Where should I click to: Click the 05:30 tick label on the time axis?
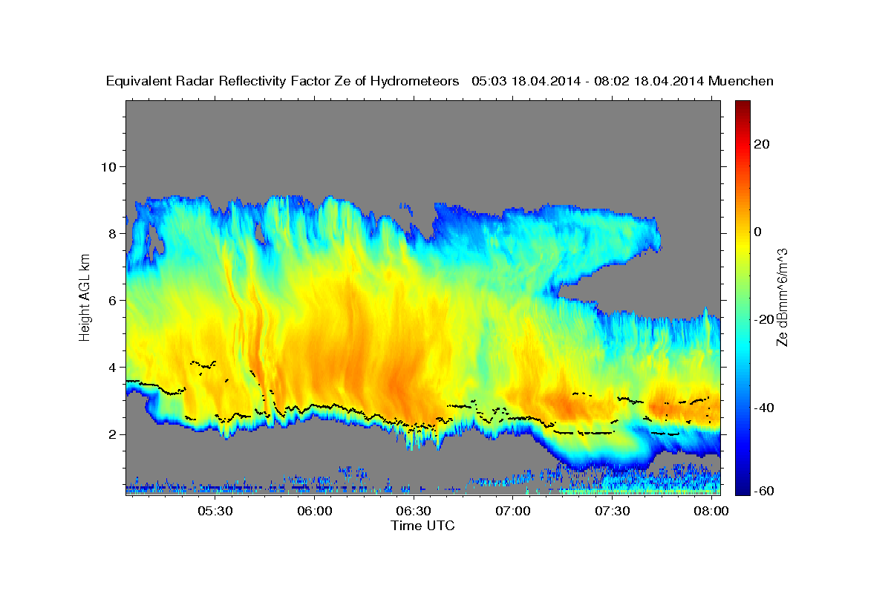[215, 512]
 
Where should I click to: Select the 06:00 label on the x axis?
[315, 512]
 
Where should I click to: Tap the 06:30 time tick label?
[414, 512]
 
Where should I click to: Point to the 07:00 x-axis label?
[513, 512]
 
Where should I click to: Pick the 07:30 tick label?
[613, 512]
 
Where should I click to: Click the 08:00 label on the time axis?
[711, 512]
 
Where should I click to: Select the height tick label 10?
[108, 166]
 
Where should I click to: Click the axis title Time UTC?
[422, 526]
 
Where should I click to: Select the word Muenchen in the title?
[741, 81]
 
